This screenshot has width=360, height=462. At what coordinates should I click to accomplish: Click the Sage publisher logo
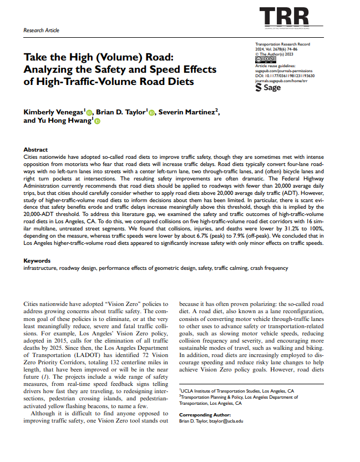click(268, 88)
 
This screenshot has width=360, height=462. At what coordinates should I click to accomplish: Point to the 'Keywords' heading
click(37, 260)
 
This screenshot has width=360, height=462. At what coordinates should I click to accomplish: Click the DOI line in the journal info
click(282, 76)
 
